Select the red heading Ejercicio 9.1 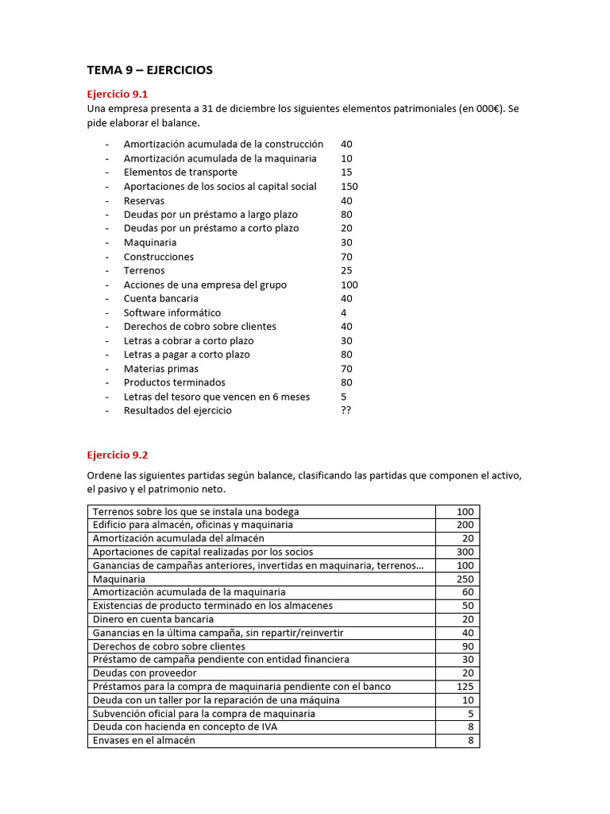pos(118,94)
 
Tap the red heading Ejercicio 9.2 pos(118,455)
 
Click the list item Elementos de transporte pos(180,172)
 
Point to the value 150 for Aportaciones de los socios pos(349,187)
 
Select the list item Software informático pos(172,313)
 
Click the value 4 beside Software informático pos(343,313)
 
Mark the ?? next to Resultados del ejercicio pos(346,411)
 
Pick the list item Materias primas pos(161,369)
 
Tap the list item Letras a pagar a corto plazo pos(187,355)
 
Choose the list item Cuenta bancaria pos(161,299)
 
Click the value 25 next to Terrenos pos(346,271)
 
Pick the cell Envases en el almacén pos(144,740)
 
